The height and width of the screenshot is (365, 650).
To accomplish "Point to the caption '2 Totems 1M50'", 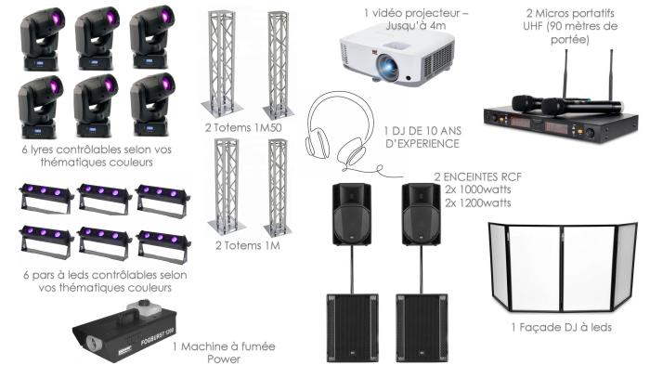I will click(x=243, y=125).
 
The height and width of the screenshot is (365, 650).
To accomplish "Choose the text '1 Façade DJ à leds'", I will click(x=560, y=325).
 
